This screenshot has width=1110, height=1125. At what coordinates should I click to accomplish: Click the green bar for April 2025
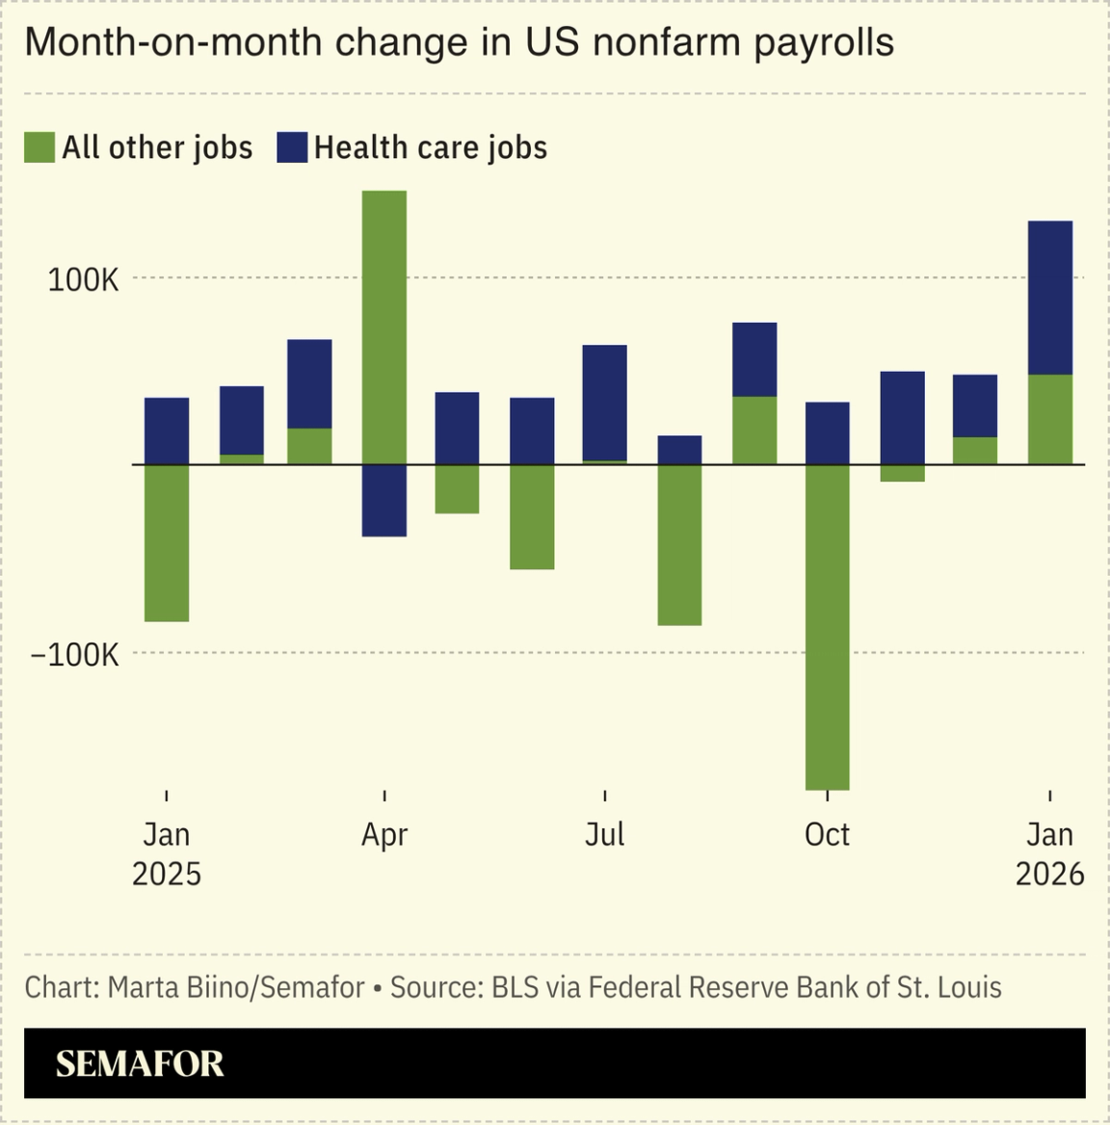(384, 327)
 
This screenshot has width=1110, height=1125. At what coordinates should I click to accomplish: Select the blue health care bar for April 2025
(384, 501)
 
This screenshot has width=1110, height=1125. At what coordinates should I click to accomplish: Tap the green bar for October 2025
(828, 627)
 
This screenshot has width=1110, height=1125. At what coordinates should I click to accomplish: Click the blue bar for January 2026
(1050, 298)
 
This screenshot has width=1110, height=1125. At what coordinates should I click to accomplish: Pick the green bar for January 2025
(167, 543)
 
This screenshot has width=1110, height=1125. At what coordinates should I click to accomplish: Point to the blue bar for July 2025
(605, 403)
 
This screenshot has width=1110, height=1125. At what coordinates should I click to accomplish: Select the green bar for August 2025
(679, 545)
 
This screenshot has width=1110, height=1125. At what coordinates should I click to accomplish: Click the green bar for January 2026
(1050, 419)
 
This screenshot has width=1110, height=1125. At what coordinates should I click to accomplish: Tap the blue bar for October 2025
(828, 433)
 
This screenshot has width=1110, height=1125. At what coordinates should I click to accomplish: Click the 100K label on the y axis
(84, 280)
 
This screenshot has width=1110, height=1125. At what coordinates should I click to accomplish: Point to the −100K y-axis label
(75, 655)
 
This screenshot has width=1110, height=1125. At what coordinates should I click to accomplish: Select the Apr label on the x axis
(384, 834)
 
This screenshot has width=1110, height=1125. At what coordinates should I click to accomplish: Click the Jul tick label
(605, 834)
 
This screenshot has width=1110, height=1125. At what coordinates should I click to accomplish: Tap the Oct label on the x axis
(828, 834)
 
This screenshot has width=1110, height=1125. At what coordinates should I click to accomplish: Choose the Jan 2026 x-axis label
(1050, 853)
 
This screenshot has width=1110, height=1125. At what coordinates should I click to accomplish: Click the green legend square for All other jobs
(40, 147)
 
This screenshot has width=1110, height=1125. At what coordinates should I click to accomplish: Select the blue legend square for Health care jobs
(292, 147)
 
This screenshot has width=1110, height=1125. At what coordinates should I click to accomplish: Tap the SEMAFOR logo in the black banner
(140, 1063)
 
